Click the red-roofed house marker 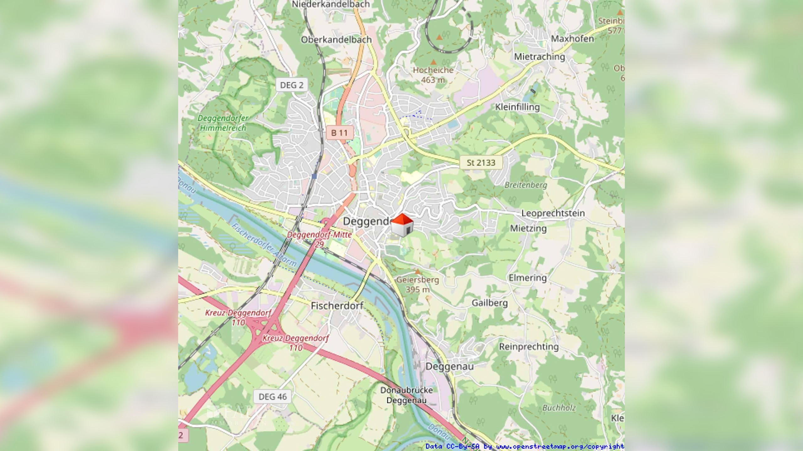(x=402, y=225)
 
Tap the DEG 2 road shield (x=292, y=85)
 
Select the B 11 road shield (x=339, y=133)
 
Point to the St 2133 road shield (x=481, y=163)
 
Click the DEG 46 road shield (x=273, y=397)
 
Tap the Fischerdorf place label (x=337, y=306)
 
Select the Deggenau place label (x=449, y=366)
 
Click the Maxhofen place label (x=572, y=39)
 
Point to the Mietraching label (x=539, y=57)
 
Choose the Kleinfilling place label (x=517, y=107)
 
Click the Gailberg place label (x=490, y=303)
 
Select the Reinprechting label (x=529, y=346)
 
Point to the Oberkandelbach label (x=336, y=39)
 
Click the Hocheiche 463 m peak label (x=433, y=75)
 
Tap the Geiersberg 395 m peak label (x=417, y=284)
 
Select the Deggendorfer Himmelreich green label (x=223, y=123)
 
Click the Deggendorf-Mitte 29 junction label (x=319, y=239)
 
